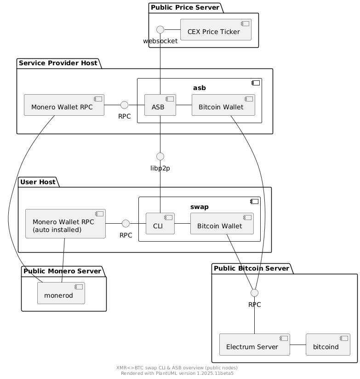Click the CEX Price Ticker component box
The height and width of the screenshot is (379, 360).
coord(216,30)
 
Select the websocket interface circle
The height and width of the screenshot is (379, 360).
coord(160,30)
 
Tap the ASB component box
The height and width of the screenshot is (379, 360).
coord(160,105)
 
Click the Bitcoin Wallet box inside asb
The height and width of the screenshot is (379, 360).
coord(223,105)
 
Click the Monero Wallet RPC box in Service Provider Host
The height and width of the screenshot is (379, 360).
coord(64,105)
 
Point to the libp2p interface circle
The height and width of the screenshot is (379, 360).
coord(160,156)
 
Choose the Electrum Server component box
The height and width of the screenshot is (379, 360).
coord(255,345)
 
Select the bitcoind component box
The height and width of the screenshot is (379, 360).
coord(327,345)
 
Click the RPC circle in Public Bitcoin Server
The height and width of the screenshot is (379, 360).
coord(255,293)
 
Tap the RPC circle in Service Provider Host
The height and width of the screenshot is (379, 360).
coord(124,105)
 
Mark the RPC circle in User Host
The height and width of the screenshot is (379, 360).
coord(126,224)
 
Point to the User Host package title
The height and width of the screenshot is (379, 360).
coord(38,182)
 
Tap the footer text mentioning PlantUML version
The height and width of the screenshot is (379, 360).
coord(177,373)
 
